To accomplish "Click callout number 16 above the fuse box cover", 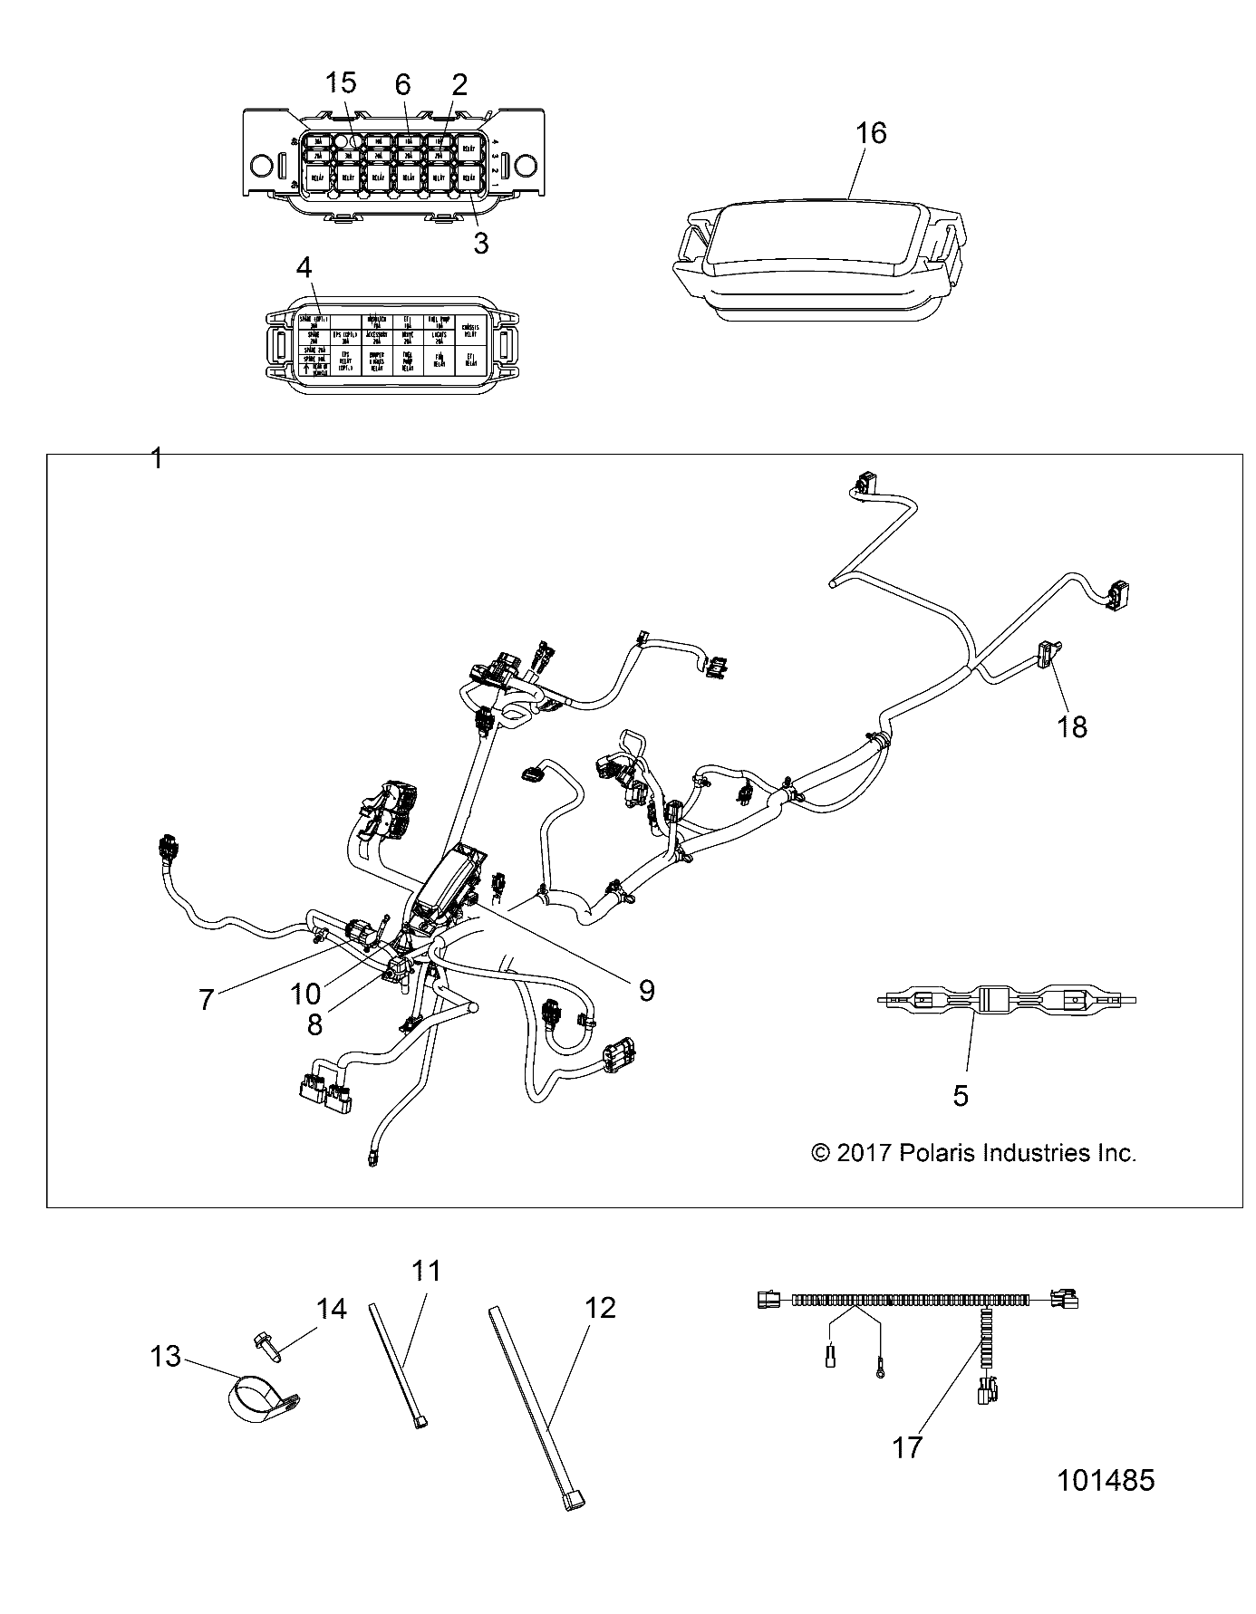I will coord(871,133).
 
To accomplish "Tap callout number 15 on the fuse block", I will coord(341,83).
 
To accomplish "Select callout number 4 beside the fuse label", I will coord(304,268).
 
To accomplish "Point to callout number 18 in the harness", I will coord(1072,726).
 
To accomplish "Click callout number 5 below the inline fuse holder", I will coord(961,1096).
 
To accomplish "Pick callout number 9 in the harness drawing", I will coord(646,990).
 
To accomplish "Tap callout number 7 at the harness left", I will coord(207,1000).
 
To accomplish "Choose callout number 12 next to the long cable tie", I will coord(600,1308).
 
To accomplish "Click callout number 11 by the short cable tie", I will coord(426,1272).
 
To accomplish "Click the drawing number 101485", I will coord(1106,1481).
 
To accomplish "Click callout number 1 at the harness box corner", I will coord(157,459).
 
